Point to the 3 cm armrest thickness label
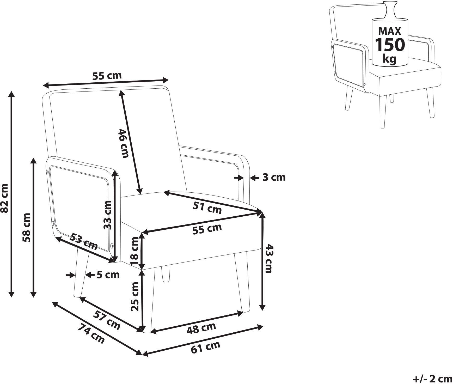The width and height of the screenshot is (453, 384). click(x=274, y=177)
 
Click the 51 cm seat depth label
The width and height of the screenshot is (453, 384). click(x=207, y=208)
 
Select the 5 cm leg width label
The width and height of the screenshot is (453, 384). click(x=108, y=275)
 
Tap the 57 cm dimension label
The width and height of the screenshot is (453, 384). click(x=107, y=321)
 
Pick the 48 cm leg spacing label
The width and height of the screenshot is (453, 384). click(x=201, y=328)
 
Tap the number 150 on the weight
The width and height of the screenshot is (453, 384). click(x=390, y=45)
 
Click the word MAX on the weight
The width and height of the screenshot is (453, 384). click(x=390, y=32)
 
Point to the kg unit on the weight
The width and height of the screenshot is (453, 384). click(x=389, y=59)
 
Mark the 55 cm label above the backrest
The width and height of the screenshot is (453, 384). click(x=107, y=76)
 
